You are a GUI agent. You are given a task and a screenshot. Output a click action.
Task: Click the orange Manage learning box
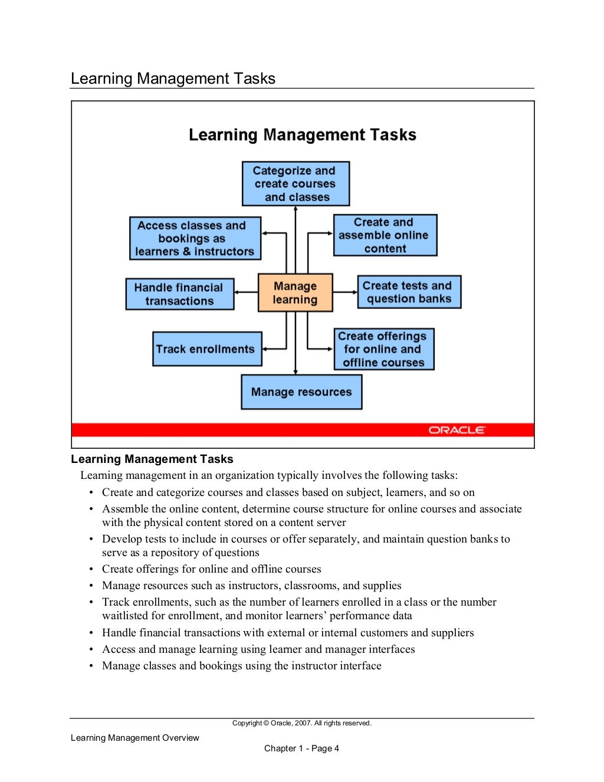295,293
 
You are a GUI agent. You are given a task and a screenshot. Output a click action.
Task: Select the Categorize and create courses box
296,183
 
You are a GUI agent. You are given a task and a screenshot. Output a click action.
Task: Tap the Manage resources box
301,392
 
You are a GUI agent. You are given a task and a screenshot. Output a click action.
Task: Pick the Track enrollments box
206,349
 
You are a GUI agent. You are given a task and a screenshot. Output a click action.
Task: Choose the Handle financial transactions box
179,294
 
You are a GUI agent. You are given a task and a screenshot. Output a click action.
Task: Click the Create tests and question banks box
409,292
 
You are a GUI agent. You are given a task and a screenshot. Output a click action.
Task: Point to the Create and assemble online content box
385,235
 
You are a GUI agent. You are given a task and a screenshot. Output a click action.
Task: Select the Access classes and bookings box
195,238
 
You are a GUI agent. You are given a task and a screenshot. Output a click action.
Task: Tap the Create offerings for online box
383,349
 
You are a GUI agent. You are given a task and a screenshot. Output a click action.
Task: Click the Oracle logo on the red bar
457,430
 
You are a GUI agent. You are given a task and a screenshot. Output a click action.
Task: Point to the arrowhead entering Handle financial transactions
238,293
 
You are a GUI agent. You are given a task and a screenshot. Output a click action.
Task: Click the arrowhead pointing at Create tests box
354,292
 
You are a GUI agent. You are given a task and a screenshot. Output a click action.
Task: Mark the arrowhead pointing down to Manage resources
296,372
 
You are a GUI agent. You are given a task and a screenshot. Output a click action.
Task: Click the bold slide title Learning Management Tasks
302,135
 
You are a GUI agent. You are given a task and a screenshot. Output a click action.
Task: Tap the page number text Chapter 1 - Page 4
301,748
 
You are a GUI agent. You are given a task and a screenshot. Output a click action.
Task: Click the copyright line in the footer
301,723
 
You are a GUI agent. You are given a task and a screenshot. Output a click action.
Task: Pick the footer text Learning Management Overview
135,738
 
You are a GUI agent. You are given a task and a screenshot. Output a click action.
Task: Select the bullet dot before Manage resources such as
91,586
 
